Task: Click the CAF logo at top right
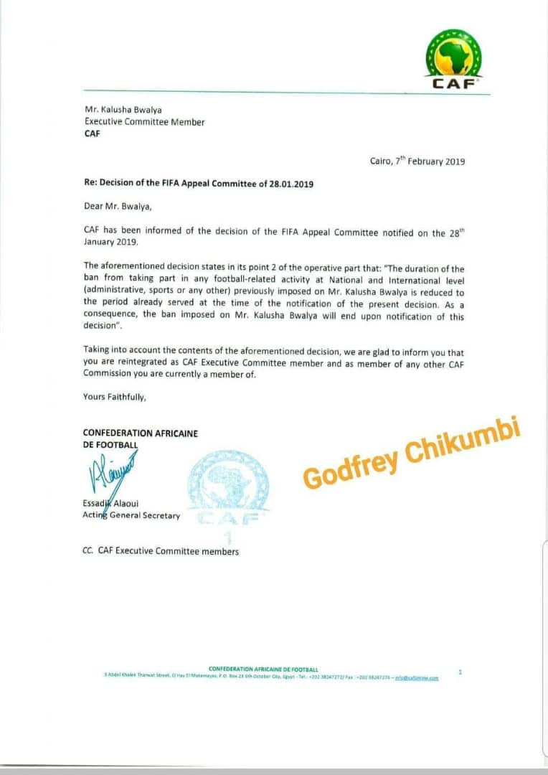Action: coord(453,59)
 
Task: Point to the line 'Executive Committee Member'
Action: coord(144,122)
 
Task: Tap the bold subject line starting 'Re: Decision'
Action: coord(199,184)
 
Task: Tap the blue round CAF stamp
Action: coord(228,488)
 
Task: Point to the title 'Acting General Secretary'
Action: coord(132,515)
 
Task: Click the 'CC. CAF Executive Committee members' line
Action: coord(161,551)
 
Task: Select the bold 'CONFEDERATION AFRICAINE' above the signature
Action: coord(141,433)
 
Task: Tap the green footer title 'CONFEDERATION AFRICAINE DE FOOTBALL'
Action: coord(263,670)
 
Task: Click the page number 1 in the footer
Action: coord(460,672)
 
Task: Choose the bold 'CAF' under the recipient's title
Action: coord(93,134)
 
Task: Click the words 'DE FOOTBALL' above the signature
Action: coord(110,445)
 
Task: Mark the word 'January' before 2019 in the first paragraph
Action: coord(100,243)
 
